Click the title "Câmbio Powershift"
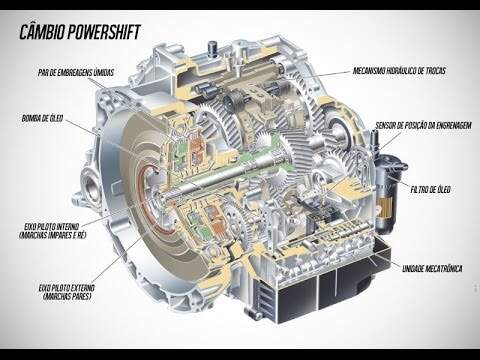tap(80, 32)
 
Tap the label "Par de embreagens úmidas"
tap(76, 72)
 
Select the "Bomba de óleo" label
tap(42, 118)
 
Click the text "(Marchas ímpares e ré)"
tap(53, 235)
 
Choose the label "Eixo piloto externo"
tap(67, 288)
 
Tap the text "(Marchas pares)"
tap(67, 296)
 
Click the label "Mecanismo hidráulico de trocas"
tap(399, 71)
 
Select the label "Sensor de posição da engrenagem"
tap(424, 125)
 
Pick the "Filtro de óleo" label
tap(430, 190)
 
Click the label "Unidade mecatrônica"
tap(432, 268)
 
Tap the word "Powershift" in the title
tap(104, 32)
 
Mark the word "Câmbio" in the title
tap(42, 32)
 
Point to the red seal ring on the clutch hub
tap(148, 200)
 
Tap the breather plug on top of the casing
tap(212, 47)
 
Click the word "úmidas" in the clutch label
tap(104, 72)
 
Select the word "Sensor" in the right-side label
tap(386, 126)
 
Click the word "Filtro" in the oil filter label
tap(419, 190)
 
